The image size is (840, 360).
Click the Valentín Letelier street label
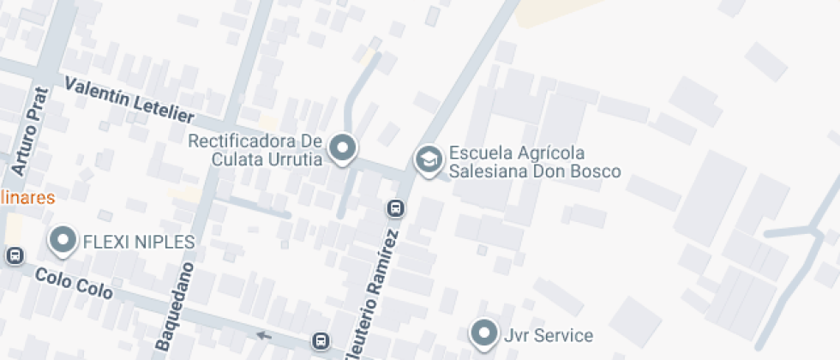[x=129, y=100]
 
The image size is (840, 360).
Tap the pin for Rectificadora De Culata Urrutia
[x=343, y=147]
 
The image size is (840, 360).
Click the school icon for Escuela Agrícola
[x=428, y=159]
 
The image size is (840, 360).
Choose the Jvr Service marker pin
[x=484, y=333]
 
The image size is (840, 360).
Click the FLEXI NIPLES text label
[x=138, y=242]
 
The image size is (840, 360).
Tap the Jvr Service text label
[x=549, y=334]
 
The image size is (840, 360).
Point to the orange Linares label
[x=27, y=198]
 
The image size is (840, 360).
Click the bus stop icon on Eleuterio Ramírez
[x=395, y=208]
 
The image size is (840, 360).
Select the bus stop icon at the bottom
[x=321, y=340]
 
